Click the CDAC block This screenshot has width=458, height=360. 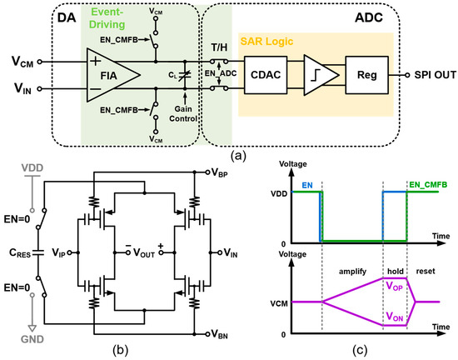point(266,75)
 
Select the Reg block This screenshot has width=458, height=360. point(367,75)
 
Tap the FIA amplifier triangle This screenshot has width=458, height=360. point(113,75)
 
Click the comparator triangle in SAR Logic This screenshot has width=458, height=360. point(321,75)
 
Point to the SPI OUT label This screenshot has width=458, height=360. point(435,75)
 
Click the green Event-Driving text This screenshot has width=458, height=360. point(107,18)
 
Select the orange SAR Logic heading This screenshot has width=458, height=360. point(266,41)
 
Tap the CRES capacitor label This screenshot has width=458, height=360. point(20,252)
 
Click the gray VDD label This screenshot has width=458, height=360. point(32,168)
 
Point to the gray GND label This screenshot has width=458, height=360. point(32,339)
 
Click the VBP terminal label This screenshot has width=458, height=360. point(219,173)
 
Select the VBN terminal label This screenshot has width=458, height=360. point(219,334)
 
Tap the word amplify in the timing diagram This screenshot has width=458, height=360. point(352,272)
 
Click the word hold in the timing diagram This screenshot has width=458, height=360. point(396,271)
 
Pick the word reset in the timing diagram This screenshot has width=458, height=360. point(426,271)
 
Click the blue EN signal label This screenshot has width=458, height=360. point(307,185)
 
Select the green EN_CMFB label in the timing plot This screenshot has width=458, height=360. point(428,185)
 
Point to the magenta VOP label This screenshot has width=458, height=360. point(395,286)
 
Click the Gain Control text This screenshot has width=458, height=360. point(183,114)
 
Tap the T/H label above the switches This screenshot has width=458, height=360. point(219,47)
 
